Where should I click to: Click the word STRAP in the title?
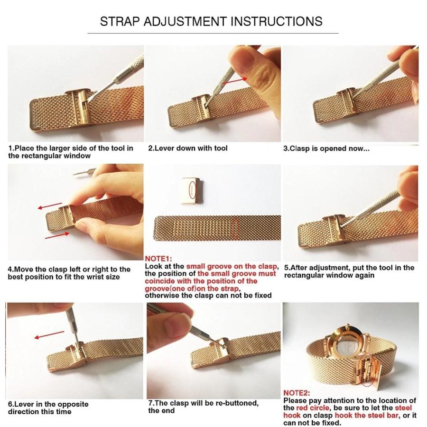(120, 21)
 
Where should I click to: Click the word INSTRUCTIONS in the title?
(277, 21)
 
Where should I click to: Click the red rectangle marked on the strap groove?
(235, 229)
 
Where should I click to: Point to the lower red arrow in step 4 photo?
(57, 235)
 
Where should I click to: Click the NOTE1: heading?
(158, 259)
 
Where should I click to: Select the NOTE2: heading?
(297, 393)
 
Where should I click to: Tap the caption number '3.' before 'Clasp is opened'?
(286, 149)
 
